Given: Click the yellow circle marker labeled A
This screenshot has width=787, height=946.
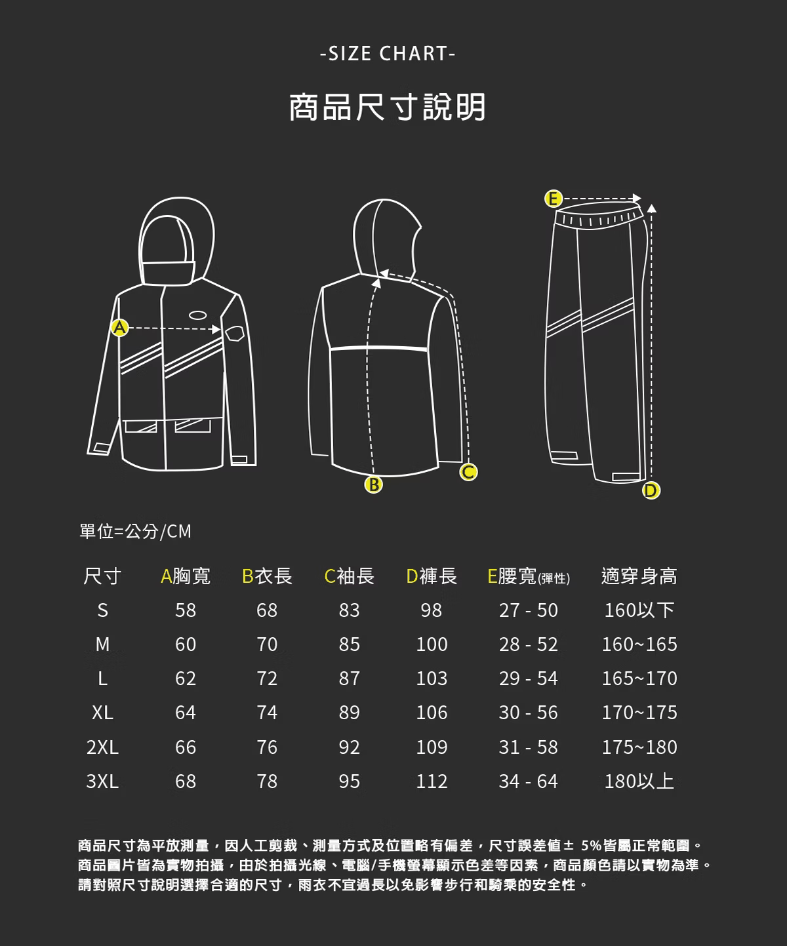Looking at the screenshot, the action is (x=119, y=327).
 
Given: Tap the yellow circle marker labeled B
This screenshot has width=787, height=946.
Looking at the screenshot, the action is (x=374, y=484).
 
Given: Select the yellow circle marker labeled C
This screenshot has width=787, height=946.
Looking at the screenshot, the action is (x=468, y=472).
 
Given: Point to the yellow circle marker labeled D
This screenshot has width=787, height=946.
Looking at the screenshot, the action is (x=651, y=490).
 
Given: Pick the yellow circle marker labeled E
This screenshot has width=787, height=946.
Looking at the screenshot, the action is (x=553, y=199).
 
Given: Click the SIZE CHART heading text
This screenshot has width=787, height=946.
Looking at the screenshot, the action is (x=388, y=54).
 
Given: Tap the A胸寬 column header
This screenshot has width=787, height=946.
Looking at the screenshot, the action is (x=186, y=576).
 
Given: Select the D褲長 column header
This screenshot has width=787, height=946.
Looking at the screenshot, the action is (x=432, y=576).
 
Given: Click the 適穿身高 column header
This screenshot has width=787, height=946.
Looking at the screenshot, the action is (x=639, y=576).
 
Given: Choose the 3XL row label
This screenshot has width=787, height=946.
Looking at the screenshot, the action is (x=102, y=781).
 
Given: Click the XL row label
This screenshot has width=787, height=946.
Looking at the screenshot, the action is (x=102, y=713).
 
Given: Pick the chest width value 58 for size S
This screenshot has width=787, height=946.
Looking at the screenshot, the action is (x=186, y=610).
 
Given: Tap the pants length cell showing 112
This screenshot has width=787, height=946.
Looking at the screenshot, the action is (x=432, y=781).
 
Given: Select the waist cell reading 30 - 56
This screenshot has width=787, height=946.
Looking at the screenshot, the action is (x=528, y=713).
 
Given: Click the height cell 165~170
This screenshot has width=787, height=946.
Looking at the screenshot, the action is (x=639, y=679).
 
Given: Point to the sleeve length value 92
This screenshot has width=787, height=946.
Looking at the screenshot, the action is (x=349, y=747).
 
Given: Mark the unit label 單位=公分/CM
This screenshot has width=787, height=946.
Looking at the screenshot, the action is (x=135, y=531).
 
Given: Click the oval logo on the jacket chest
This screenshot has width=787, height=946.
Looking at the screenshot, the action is (x=197, y=315).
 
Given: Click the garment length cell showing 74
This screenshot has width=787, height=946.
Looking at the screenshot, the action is (x=266, y=713).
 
